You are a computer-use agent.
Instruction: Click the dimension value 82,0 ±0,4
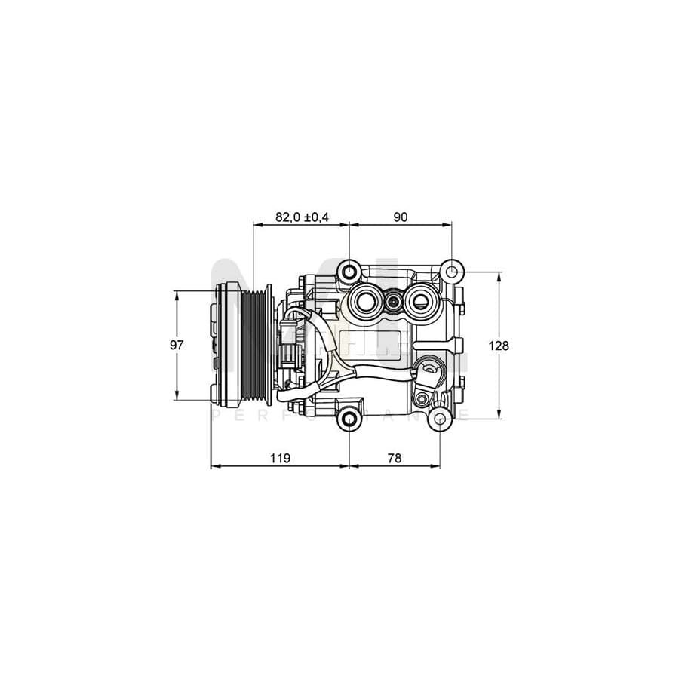(x=302, y=217)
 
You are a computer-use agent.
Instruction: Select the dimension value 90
(x=400, y=217)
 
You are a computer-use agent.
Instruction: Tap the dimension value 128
(x=499, y=346)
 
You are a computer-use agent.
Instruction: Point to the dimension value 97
(x=177, y=346)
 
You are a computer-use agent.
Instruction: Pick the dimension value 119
(x=280, y=458)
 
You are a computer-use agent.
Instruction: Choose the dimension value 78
(x=394, y=458)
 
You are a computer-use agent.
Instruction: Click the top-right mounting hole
(x=451, y=272)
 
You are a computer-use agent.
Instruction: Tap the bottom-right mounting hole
(x=440, y=419)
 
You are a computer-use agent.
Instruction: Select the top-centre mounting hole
(x=349, y=271)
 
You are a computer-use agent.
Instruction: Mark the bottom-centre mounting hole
(x=349, y=419)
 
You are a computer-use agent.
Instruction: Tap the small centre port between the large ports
(x=393, y=302)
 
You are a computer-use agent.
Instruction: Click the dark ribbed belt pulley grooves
(x=255, y=346)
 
